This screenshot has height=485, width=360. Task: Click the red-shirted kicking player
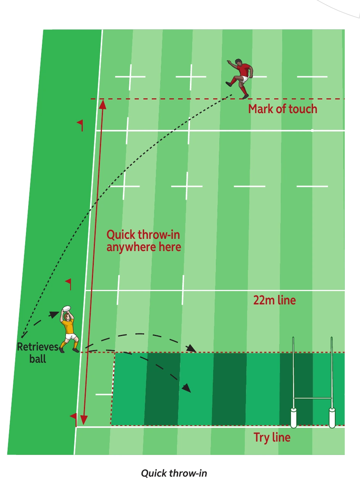click(x=240, y=78)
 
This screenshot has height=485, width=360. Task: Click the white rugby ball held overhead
click(x=66, y=309)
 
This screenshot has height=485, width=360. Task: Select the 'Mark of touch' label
click(x=283, y=109)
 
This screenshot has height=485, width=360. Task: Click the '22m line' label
click(x=274, y=300)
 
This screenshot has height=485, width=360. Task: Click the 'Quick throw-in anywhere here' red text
click(x=144, y=241)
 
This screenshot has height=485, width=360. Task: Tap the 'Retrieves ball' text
click(x=38, y=353)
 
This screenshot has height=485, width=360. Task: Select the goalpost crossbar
click(x=312, y=398)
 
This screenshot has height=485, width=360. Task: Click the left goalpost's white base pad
click(x=293, y=418)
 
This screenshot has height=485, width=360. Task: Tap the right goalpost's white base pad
click(x=332, y=418)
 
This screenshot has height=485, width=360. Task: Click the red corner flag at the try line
click(x=74, y=419)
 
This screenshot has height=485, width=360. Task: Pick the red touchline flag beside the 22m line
click(x=69, y=284)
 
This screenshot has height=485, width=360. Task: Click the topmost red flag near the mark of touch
click(x=80, y=125)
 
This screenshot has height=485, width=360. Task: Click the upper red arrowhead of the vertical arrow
click(x=103, y=104)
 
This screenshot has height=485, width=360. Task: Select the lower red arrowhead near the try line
click(x=84, y=420)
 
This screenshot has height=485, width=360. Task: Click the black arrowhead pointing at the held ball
click(x=54, y=314)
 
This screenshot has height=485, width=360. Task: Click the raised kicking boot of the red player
click(x=229, y=84)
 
